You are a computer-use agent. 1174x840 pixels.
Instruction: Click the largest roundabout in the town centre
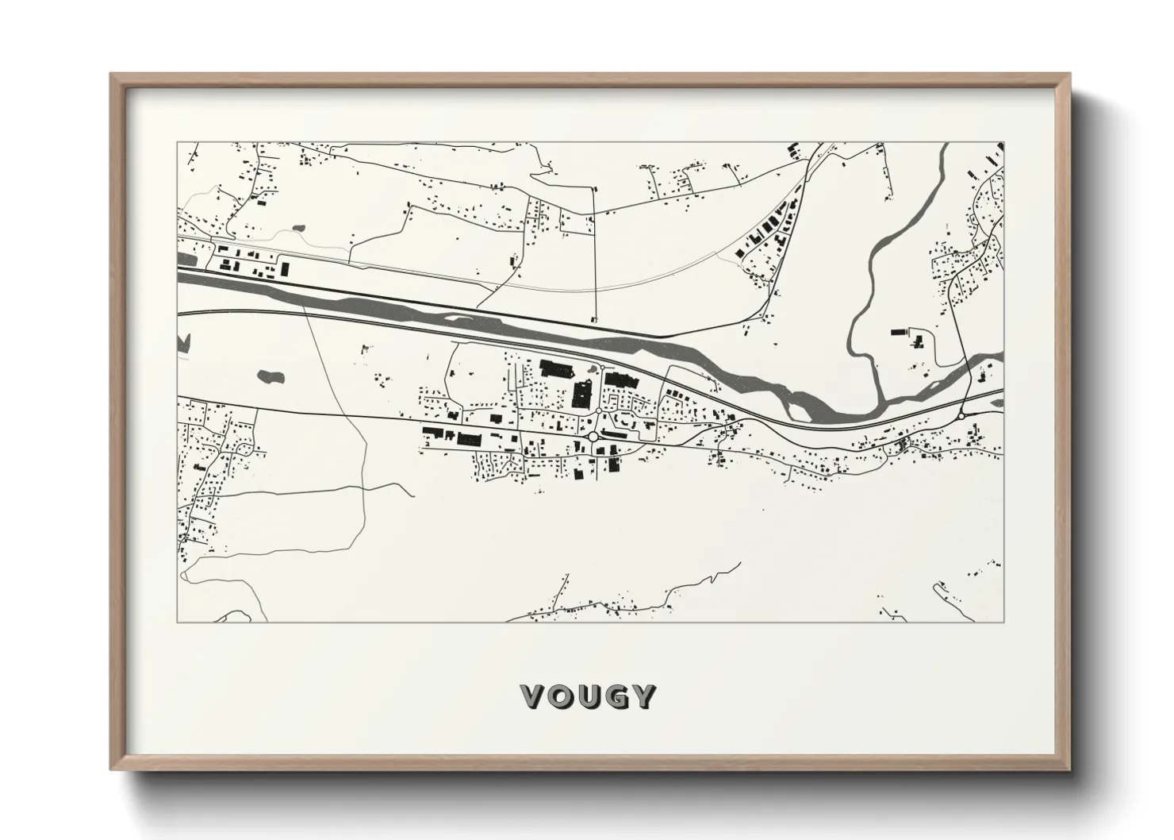pos(593,436)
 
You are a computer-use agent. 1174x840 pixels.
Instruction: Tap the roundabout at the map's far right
pos(961,414)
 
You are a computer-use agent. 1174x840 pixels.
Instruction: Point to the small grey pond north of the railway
pos(298,229)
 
